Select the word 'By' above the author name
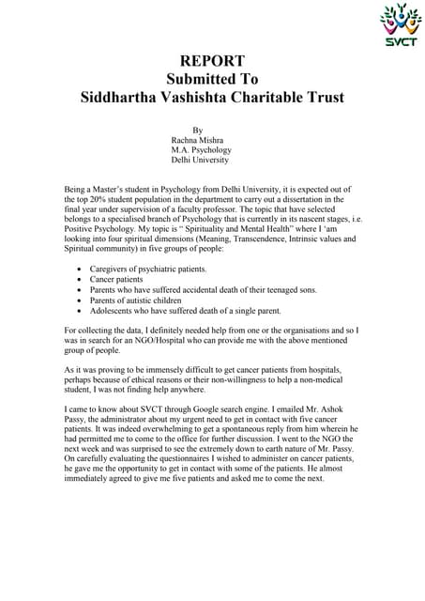tap(197, 130)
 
